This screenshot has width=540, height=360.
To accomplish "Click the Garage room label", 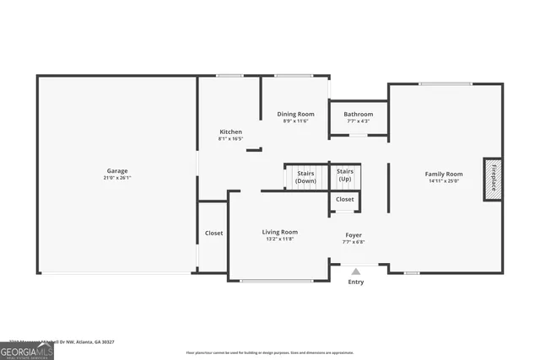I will pos(117,171).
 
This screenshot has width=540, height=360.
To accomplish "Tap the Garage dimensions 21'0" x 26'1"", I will pos(117,179).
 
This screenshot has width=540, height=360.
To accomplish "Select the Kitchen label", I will pos(230,132).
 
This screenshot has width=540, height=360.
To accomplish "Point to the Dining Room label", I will pos(296,114).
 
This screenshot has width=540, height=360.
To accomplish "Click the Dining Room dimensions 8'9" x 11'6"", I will pos(296,121).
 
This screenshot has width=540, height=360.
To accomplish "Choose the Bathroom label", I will pos(359,114).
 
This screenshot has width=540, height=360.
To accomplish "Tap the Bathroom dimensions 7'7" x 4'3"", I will pos(359,121).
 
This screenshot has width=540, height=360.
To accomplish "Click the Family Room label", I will pos(443,174).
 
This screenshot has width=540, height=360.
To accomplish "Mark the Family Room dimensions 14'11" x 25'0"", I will pos(443,181).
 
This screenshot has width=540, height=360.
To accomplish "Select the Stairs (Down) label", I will pos(305,177).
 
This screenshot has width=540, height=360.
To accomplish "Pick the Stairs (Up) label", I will pos(345,176).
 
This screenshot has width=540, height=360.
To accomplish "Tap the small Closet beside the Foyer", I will pos(345,200).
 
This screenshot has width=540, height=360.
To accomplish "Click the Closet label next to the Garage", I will pos(213,233).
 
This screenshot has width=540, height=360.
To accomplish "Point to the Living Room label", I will pos(279,232).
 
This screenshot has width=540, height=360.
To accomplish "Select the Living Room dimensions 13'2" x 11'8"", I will pos(279,239).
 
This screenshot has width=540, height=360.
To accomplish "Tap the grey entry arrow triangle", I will pos(356,271).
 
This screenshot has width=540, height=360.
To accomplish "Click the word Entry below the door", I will pos(356,282).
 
